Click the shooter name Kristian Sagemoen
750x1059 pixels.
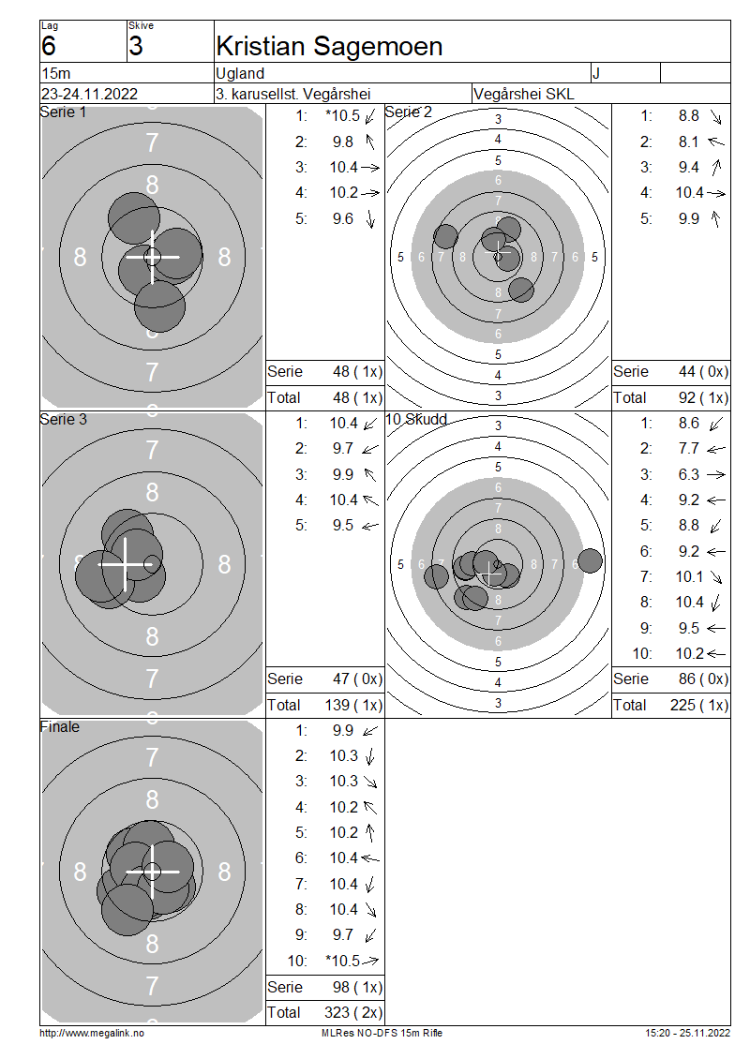[x=329, y=47]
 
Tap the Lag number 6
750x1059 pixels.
[x=49, y=46]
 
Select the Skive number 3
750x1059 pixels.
[x=136, y=46]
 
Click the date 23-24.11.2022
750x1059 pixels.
[x=89, y=94]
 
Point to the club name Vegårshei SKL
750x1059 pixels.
[x=524, y=94]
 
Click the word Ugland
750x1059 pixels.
[x=240, y=74]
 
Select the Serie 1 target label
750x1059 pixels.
[x=64, y=112]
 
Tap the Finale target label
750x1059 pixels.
[x=59, y=726]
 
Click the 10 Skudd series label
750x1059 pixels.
[x=416, y=420]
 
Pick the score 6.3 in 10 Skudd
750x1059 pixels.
[x=688, y=475]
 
